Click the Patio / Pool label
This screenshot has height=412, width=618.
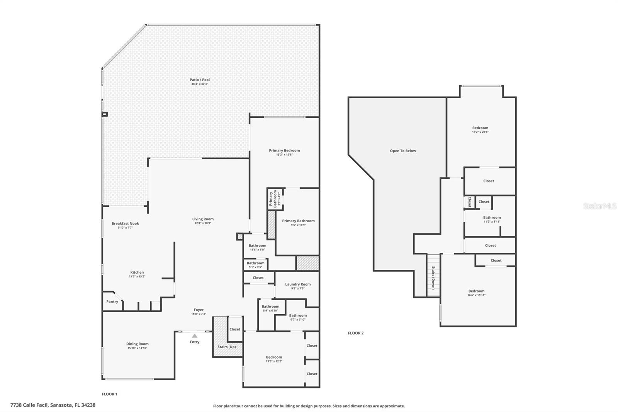(x=200, y=80)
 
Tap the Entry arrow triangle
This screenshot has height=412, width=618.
(x=195, y=336)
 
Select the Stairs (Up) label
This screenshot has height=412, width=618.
(x=227, y=347)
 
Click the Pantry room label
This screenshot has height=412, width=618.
(x=112, y=301)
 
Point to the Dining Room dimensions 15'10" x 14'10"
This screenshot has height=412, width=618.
(x=138, y=348)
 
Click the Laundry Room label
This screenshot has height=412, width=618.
(x=298, y=284)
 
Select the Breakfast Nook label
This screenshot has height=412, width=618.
(x=125, y=223)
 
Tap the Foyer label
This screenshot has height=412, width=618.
(x=199, y=310)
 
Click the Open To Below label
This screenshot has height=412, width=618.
(x=403, y=151)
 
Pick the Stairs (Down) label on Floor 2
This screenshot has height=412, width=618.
(x=433, y=278)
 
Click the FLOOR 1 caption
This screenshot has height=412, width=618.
(x=109, y=394)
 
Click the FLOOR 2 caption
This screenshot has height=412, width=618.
(x=356, y=333)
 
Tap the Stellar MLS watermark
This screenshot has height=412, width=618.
(x=599, y=206)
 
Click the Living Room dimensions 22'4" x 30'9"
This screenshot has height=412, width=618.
(x=203, y=223)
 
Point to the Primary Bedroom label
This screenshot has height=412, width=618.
(x=284, y=150)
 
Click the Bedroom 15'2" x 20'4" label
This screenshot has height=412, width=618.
(x=480, y=128)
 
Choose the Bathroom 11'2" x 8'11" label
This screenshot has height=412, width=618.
(x=492, y=218)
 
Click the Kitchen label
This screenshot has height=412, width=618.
(x=137, y=272)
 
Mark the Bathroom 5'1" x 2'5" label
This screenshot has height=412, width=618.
(x=255, y=263)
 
